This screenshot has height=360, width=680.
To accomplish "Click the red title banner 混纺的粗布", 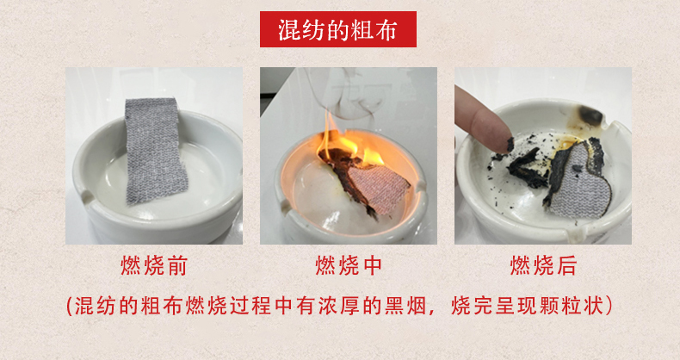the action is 337,29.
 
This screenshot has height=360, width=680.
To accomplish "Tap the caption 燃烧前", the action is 154,265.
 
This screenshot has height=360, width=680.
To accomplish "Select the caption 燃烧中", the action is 349,265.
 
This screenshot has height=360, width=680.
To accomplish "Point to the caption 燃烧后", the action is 543,265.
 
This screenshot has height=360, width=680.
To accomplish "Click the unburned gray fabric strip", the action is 154,150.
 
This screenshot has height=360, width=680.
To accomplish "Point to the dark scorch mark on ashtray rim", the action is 590,115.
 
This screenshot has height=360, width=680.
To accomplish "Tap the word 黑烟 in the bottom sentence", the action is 405,307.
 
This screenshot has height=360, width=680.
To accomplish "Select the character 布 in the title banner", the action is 386,29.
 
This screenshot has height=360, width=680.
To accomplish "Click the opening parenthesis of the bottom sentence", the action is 70,307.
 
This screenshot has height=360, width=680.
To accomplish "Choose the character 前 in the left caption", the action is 176,265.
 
